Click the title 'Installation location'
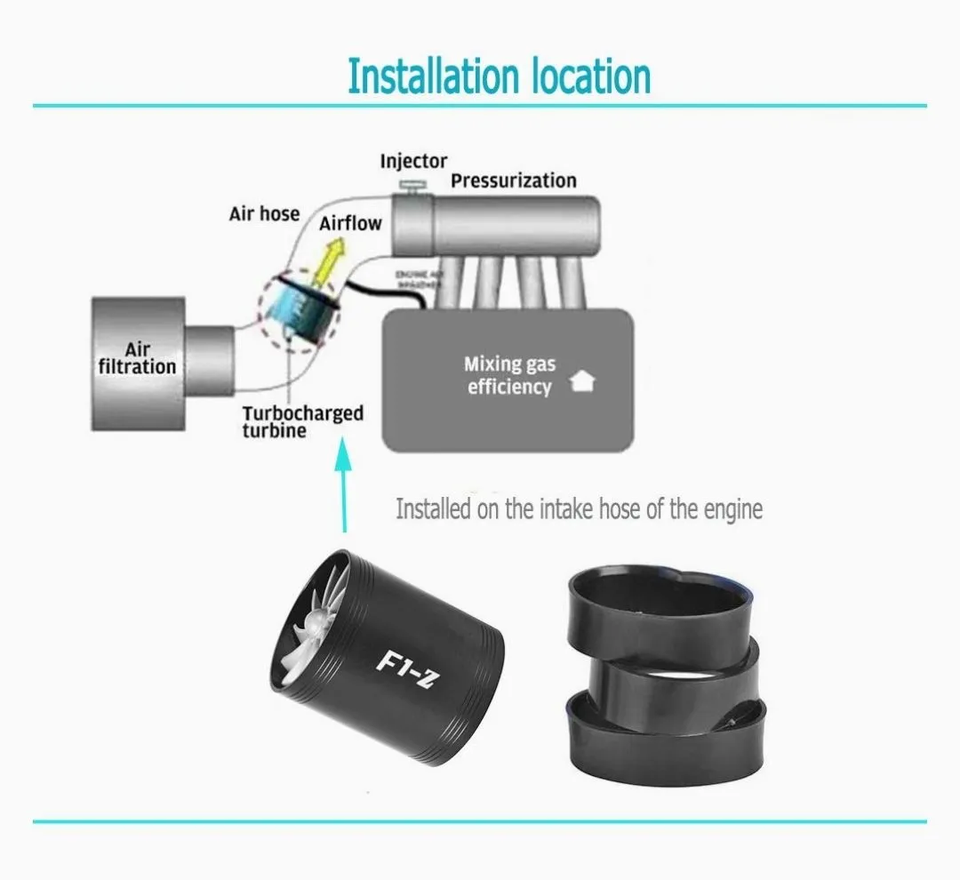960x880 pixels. click(x=499, y=76)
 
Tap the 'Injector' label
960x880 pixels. click(x=413, y=161)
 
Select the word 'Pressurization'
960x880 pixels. click(x=513, y=180)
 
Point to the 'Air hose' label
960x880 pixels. click(x=264, y=214)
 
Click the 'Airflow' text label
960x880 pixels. click(x=350, y=222)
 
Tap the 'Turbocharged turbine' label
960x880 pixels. click(x=302, y=421)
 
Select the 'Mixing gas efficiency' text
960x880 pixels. click(x=508, y=375)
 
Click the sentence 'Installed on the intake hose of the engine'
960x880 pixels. click(x=579, y=509)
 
